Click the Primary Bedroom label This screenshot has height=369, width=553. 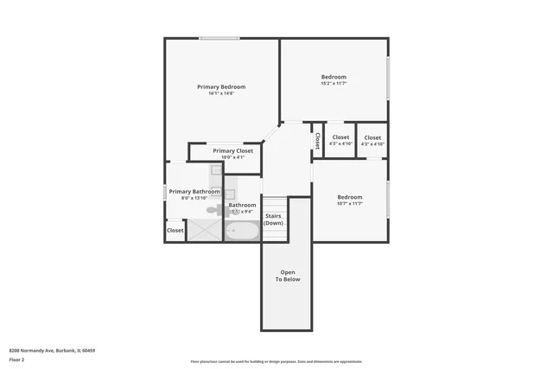tap(221, 86)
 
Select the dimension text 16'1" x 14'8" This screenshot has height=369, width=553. tap(221, 93)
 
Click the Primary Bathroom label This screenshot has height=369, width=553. tap(194, 191)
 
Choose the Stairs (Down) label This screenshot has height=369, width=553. tap(274, 219)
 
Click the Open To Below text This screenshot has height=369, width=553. tap(288, 276)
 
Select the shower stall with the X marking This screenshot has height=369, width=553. tap(205, 230)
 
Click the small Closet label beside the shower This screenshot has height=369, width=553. tap(175, 231)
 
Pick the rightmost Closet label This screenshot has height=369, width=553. tap(372, 137)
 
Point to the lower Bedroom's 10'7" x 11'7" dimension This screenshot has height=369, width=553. tap(350, 203)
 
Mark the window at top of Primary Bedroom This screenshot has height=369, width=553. tap(219, 38)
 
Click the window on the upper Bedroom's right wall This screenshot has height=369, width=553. tap(388, 77)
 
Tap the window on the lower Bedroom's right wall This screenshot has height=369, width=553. tap(388, 200)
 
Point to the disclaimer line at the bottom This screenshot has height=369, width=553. tap(276, 361)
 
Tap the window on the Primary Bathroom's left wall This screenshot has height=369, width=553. tap(166, 192)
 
